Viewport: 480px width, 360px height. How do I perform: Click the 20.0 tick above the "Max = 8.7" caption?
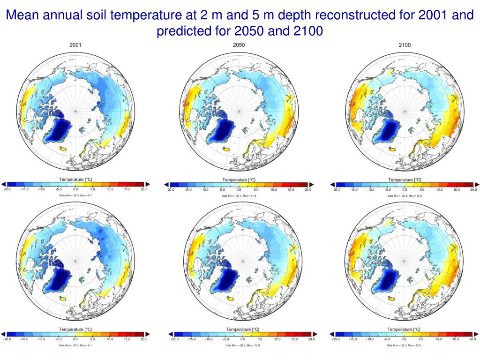[x=144, y=189]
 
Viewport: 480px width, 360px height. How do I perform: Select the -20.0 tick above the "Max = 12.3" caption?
[x=336, y=190]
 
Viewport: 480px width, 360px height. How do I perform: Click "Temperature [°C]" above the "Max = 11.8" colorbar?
[x=239, y=180]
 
